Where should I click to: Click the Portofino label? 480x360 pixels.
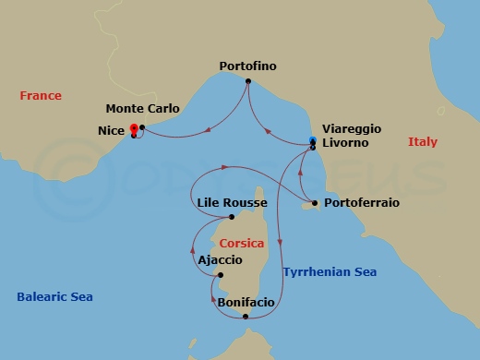[248, 66]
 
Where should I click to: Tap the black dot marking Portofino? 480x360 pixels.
[248, 81]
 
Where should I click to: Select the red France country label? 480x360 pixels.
[41, 96]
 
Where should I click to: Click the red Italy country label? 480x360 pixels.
[423, 142]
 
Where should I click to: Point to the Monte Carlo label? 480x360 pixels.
[143, 109]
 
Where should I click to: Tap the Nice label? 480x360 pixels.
[113, 131]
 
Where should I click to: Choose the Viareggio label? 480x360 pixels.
[351, 131]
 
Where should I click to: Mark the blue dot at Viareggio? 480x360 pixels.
[313, 139]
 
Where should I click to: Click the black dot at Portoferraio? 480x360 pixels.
[315, 203]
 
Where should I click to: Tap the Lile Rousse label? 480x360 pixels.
[233, 203]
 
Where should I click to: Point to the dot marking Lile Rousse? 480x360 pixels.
[232, 218]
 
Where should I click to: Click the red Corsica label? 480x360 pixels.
[242, 244]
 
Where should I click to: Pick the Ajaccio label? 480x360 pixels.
[221, 260]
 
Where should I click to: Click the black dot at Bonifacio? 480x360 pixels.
[246, 318]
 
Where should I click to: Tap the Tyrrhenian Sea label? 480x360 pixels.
[330, 272]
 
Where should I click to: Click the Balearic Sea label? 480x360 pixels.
[54, 297]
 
